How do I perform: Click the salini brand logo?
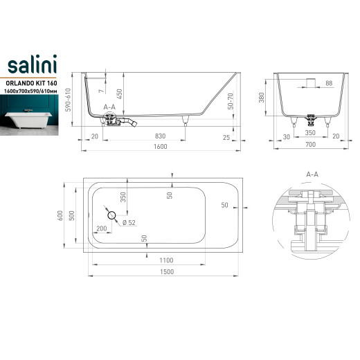pyautogui.click(x=32, y=64)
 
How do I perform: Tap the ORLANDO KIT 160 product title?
pyautogui.click(x=31, y=83)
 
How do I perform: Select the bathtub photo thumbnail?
pyautogui.click(x=29, y=115)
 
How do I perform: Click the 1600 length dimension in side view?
pyautogui.click(x=161, y=147)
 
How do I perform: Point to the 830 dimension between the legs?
pyautogui.click(x=160, y=136)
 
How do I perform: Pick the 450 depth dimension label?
pyautogui.click(x=119, y=94)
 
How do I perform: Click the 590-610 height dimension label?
pyautogui.click(x=68, y=100)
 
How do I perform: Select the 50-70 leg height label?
pyautogui.click(x=231, y=101)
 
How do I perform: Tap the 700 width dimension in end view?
pyautogui.click(x=311, y=145)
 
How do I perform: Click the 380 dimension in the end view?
pyautogui.click(x=262, y=98)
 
